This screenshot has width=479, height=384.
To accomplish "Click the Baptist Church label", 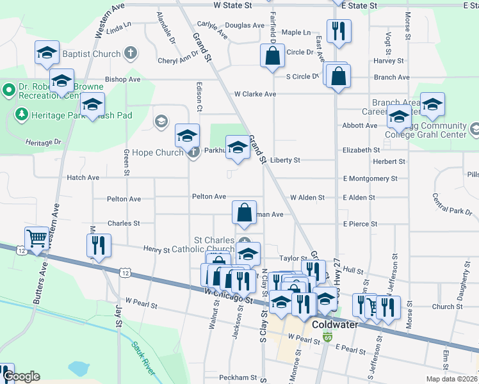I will [97, 54].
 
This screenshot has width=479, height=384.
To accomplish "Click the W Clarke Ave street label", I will [255, 94].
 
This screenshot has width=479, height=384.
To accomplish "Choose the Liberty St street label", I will [286, 160].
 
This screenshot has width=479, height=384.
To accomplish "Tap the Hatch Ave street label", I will [83, 177].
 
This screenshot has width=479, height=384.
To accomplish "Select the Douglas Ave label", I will [245, 26].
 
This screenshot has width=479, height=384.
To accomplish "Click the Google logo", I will [21, 376].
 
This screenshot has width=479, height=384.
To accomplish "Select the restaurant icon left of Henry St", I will [99, 245].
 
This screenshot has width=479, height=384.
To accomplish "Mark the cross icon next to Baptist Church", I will [131, 53].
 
